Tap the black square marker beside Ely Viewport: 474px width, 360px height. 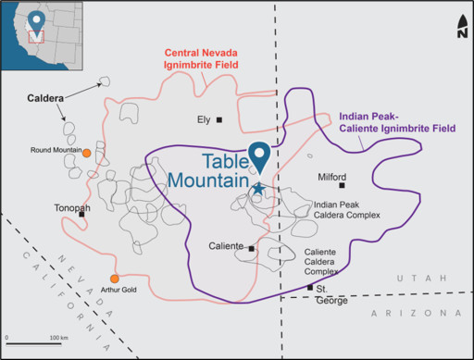pyautogui.click(x=219, y=119)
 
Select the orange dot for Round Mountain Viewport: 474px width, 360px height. pyautogui.click(x=86, y=153)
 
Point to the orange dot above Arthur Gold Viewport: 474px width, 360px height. pyautogui.click(x=115, y=279)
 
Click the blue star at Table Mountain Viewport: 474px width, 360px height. pyautogui.click(x=258, y=189)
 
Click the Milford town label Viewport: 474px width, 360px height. pyautogui.click(x=332, y=177)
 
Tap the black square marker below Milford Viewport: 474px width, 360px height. pyautogui.click(x=342, y=185)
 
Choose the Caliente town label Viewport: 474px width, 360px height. pyautogui.click(x=227, y=246)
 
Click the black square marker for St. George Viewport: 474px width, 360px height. pyautogui.click(x=310, y=287)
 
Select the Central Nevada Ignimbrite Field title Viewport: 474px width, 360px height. pyautogui.click(x=201, y=58)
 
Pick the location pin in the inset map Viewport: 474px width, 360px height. pyautogui.click(x=36, y=20)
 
